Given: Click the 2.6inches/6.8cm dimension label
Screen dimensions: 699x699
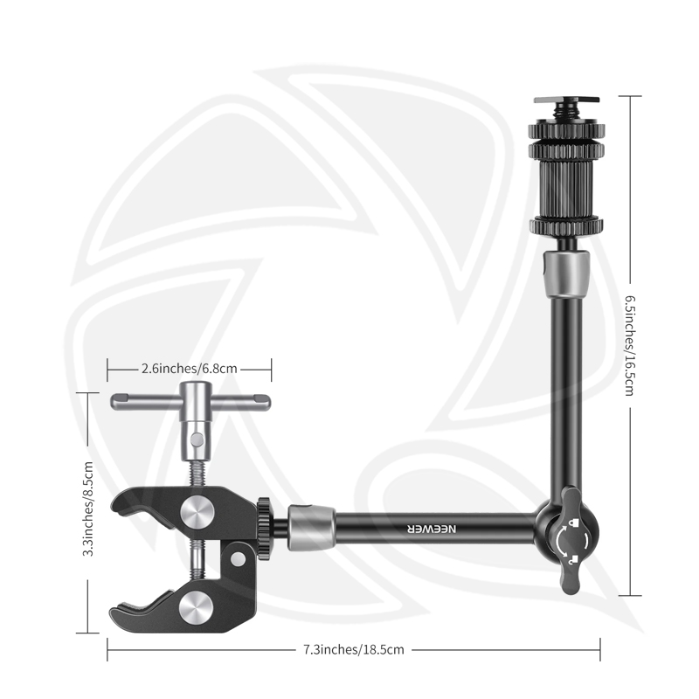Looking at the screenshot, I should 190,368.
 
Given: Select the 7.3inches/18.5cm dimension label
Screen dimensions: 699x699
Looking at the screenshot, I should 353,649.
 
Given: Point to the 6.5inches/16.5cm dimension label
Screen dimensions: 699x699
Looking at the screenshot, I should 628,346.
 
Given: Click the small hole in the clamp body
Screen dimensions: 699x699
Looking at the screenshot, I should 236,556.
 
